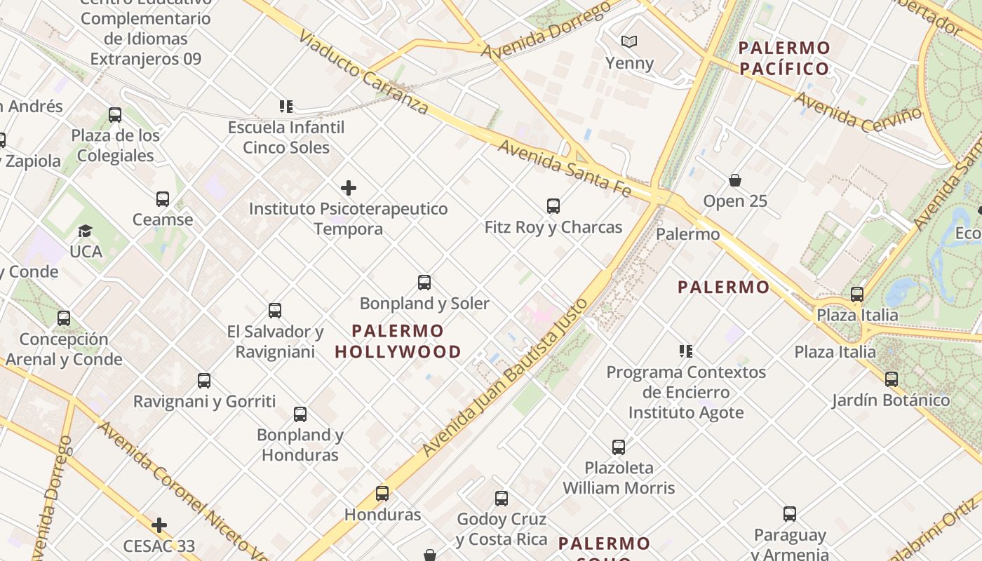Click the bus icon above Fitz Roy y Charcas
pos(553,206)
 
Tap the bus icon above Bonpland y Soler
pos(424,283)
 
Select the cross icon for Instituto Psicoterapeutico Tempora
pos(349,188)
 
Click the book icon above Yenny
pos(630,42)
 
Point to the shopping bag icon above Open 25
pos(735,180)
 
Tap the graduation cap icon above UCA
pos(86,231)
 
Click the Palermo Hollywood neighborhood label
pos(398,341)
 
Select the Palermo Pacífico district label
pos(784,58)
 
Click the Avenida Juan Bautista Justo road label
pos(504,378)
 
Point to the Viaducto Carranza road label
pos(363,72)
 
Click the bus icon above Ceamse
pos(163,199)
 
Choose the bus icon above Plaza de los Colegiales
pos(115,115)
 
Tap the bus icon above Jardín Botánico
pos(892,379)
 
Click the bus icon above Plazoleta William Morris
pos(619,447)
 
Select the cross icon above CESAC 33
pos(160,525)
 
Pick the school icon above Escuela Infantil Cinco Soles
pos(286,107)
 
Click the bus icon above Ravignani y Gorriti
pos(204,381)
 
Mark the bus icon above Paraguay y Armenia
pos(790,514)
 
